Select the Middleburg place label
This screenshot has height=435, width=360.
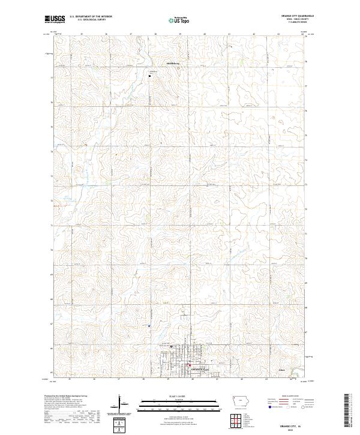click(x=173, y=61)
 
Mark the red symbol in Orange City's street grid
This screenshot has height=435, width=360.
click(x=190, y=364)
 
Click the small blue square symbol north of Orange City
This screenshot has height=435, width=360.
click(x=149, y=326)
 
